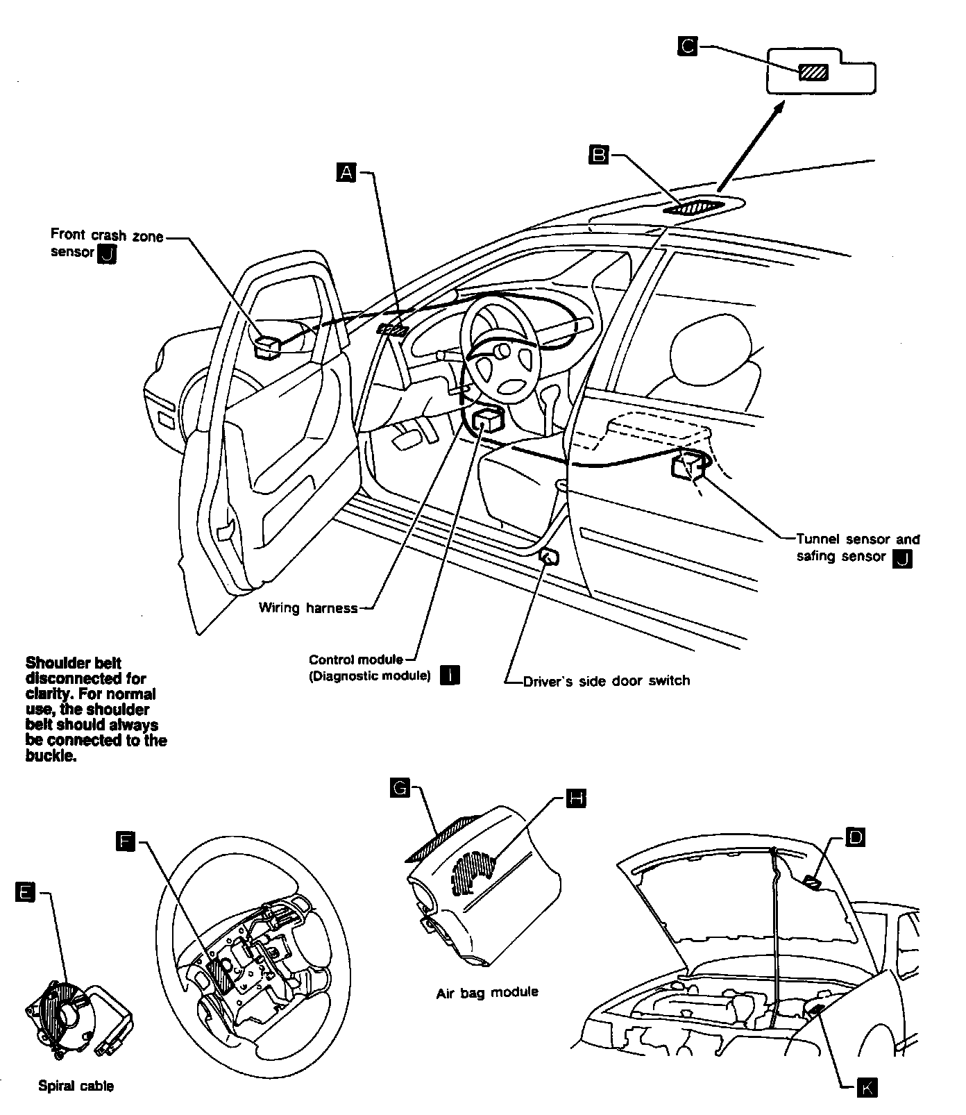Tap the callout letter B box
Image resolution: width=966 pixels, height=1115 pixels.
(x=598, y=154)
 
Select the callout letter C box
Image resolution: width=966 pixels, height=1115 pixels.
(x=687, y=47)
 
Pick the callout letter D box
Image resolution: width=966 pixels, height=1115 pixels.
(x=856, y=838)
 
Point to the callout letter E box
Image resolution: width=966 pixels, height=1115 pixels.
(x=24, y=894)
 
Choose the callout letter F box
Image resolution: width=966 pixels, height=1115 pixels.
(x=126, y=842)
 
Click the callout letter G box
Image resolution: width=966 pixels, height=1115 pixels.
(x=400, y=787)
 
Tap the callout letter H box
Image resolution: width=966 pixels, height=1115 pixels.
(x=576, y=798)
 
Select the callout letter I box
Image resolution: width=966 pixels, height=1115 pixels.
(x=450, y=675)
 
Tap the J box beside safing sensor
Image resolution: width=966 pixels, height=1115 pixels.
(x=902, y=558)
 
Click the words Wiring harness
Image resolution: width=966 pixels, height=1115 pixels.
(x=308, y=608)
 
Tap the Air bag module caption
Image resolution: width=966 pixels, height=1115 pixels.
(x=487, y=993)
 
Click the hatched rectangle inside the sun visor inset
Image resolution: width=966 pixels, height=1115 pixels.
(x=813, y=72)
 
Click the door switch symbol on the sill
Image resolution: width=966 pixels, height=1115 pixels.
(x=550, y=556)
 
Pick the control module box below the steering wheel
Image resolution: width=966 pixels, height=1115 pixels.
(x=488, y=420)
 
